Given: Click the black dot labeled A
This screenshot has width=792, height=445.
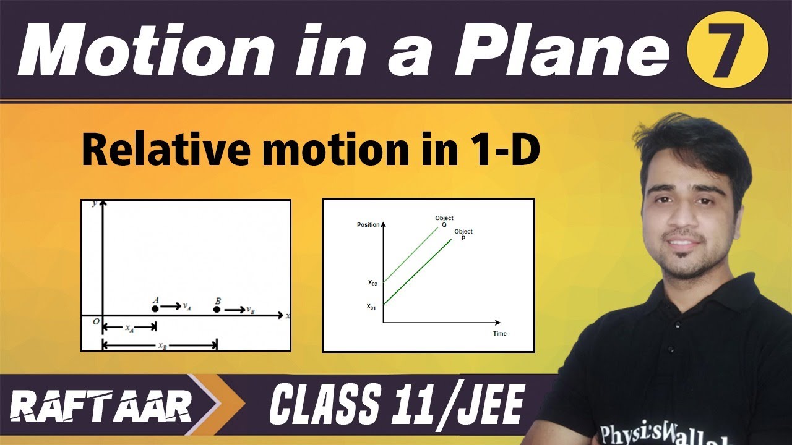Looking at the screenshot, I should pos(155,308).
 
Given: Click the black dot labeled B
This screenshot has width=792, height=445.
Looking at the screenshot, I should pos(217,308).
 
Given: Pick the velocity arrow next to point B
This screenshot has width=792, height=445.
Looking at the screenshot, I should pos(234,309).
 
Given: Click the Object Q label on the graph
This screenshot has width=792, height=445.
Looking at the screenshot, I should pos(444,221).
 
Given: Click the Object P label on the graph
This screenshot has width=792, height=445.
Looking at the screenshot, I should pos(463,235).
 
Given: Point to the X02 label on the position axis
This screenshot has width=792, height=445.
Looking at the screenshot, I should pos(372,283).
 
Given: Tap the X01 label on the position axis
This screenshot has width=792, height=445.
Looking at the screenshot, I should pos(371,306).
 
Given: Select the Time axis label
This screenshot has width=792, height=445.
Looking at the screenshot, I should pos(500,334).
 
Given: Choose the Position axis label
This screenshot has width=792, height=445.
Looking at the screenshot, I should pos(369,224).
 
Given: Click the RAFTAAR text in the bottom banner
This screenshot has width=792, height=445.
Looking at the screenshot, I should pos(101,409).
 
